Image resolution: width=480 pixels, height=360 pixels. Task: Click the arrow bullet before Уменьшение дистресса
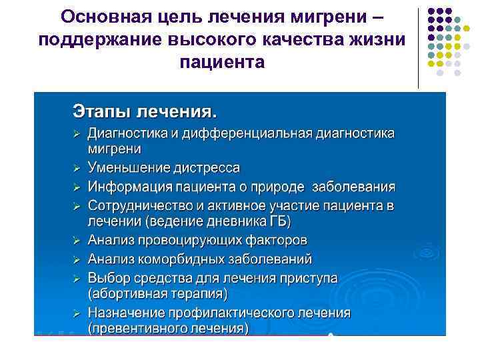(77, 167)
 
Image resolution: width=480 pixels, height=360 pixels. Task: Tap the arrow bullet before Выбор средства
(77, 277)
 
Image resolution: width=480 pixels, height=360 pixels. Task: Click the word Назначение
(129, 312)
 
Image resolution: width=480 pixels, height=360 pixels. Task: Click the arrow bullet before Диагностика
(77, 133)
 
